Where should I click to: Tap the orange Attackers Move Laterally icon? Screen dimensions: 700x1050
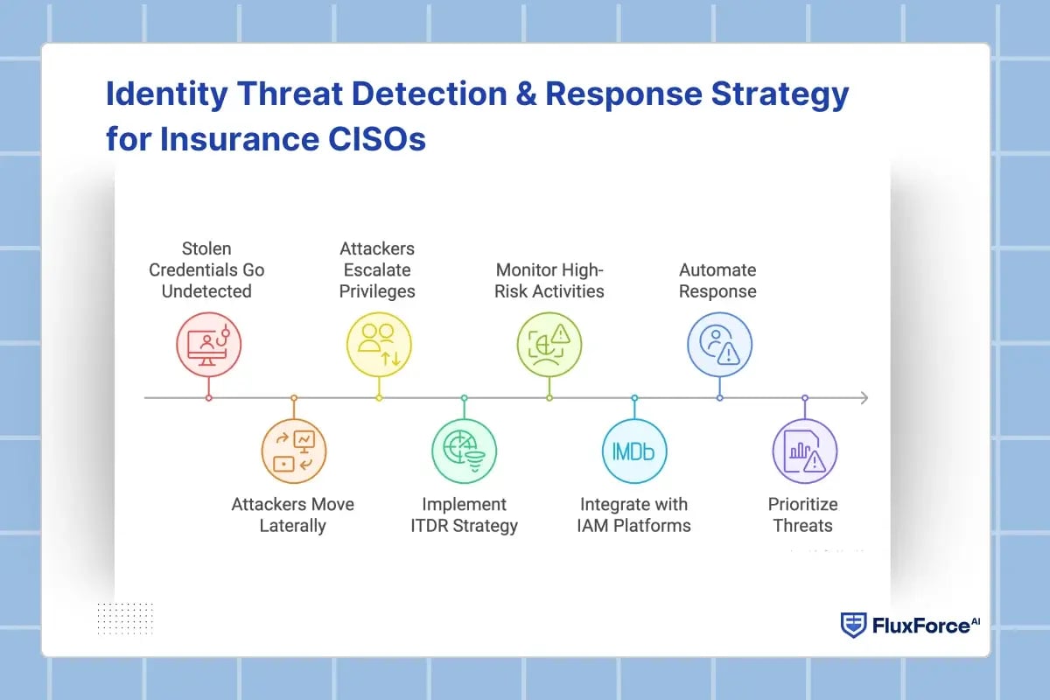pyautogui.click(x=294, y=451)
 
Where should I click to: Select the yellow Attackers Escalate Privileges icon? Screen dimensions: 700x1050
pyautogui.click(x=379, y=341)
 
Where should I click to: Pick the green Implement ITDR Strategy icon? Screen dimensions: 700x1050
pyautogui.click(x=464, y=451)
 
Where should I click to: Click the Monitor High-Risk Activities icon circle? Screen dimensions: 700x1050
pyautogui.click(x=549, y=341)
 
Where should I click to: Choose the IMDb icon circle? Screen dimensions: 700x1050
pyautogui.click(x=634, y=451)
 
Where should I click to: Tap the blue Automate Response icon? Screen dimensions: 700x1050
pyautogui.click(x=719, y=341)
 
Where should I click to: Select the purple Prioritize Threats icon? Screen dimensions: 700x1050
pyautogui.click(x=804, y=451)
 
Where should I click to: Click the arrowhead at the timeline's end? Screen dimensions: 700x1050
pyautogui.click(x=864, y=398)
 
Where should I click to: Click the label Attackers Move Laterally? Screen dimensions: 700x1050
pyautogui.click(x=292, y=515)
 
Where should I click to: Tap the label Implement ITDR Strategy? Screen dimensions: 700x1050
pyautogui.click(x=464, y=515)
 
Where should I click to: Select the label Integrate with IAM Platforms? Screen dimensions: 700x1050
pyautogui.click(x=634, y=515)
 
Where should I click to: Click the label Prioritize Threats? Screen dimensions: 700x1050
pyautogui.click(x=802, y=515)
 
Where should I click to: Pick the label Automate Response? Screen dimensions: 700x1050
pyautogui.click(x=717, y=280)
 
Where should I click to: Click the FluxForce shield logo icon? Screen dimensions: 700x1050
pyautogui.click(x=853, y=625)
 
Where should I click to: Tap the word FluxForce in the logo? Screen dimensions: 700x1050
pyautogui.click(x=920, y=626)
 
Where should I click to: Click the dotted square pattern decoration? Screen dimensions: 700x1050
pyautogui.click(x=125, y=617)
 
